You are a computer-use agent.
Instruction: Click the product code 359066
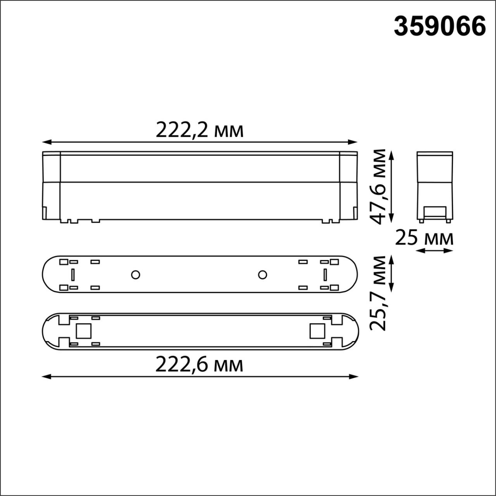440,26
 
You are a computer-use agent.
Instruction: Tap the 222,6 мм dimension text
200,365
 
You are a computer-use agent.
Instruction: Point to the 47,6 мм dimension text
378,186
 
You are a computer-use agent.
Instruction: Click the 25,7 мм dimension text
378,293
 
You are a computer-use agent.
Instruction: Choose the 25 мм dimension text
424,238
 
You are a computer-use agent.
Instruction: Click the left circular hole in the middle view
135,275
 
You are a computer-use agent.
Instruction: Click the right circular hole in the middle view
262,275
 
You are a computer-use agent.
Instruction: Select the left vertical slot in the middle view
72,275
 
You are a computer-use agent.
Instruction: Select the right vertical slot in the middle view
325,275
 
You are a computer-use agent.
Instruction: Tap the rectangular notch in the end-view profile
435,212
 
